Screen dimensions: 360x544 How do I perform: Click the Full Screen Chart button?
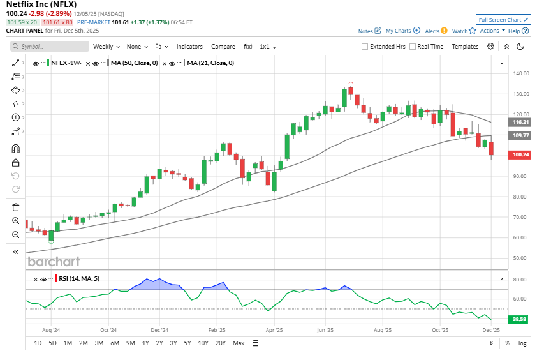(x=503, y=20)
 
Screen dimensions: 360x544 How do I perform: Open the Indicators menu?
(x=189, y=47)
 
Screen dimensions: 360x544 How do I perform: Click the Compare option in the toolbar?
(x=223, y=47)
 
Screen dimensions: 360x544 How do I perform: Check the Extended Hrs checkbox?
(x=365, y=47)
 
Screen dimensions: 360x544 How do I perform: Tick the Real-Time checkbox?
(x=413, y=47)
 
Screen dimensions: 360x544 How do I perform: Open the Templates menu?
(x=465, y=47)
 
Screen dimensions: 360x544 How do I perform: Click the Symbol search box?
(x=50, y=47)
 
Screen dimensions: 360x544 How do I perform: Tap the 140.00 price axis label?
(x=522, y=73)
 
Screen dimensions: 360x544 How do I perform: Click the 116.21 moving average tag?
(x=522, y=122)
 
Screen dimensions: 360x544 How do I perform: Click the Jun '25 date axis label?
(x=325, y=331)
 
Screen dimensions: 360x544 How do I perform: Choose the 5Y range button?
(x=187, y=343)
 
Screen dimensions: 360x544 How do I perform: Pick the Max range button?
(x=239, y=343)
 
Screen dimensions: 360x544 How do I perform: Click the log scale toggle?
(x=522, y=343)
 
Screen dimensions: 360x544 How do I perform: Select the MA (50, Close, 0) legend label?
(x=135, y=63)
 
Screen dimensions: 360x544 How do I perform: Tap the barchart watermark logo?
(x=54, y=261)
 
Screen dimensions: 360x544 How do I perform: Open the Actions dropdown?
(x=492, y=31)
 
